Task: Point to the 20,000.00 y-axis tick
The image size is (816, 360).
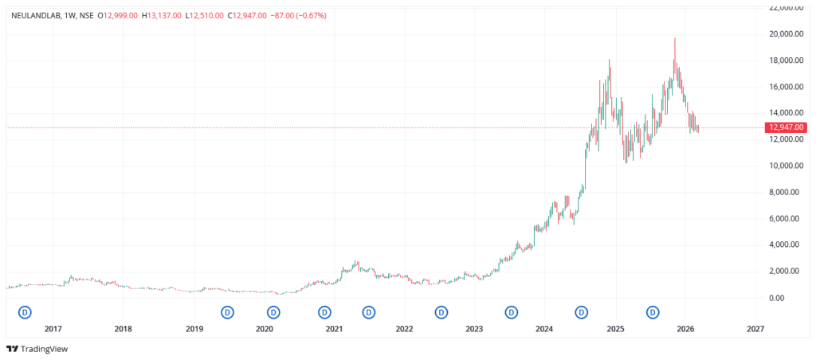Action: point(783,34)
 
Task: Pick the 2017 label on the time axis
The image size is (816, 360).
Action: point(53,328)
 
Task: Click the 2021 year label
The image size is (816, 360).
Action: point(335,328)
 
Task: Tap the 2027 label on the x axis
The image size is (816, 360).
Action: point(755,328)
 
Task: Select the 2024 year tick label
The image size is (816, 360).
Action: point(545,328)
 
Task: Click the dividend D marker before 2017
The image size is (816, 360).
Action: point(25,311)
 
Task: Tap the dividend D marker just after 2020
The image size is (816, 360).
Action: point(273,311)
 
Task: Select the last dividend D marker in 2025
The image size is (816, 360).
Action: point(653,311)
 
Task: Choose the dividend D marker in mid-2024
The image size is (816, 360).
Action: point(583,311)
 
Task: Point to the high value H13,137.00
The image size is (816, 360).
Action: point(161,15)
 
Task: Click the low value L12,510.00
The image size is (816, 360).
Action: point(204,15)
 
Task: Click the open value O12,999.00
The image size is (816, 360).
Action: point(117,15)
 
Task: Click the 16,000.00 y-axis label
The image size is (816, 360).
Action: point(783,87)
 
